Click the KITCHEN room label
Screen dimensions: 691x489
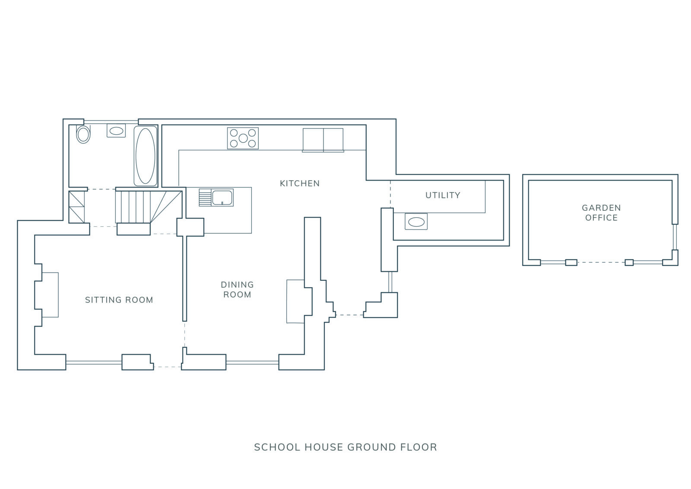[300, 184]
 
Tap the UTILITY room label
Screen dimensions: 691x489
[443, 195]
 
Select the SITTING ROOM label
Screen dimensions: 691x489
[119, 300]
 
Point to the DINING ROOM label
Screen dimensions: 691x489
[237, 290]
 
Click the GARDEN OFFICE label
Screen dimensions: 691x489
[601, 213]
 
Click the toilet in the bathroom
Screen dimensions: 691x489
[83, 134]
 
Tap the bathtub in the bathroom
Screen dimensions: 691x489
[146, 156]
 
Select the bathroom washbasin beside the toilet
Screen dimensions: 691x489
[116, 131]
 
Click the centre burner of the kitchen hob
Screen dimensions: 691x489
[243, 138]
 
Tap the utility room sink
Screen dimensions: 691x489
[416, 222]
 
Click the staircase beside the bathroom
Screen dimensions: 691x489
[149, 207]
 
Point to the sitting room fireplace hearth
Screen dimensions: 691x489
[50, 295]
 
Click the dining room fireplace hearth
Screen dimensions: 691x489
[295, 302]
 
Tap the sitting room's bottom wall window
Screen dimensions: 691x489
[94, 363]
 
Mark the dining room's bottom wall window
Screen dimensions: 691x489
[252, 363]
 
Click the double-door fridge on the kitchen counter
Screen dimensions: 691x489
[323, 140]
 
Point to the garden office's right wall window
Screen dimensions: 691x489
[675, 237]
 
